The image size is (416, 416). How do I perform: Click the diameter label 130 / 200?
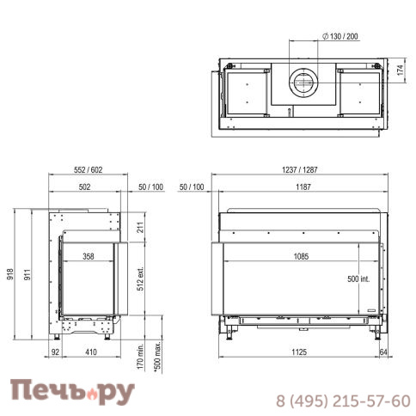coord(340,36)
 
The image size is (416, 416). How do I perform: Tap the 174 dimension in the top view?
coord(401,70)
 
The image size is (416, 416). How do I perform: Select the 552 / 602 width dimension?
coord(89,170)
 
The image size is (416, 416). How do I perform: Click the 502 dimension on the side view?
coord(84,187)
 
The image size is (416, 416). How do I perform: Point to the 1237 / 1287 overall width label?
coord(300,170)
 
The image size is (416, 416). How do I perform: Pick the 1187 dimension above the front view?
coord(303,187)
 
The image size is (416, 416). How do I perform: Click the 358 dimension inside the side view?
coord(89,256)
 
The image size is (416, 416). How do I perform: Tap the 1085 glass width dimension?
coord(302,256)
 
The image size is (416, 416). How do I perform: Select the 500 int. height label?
coord(358,278)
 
